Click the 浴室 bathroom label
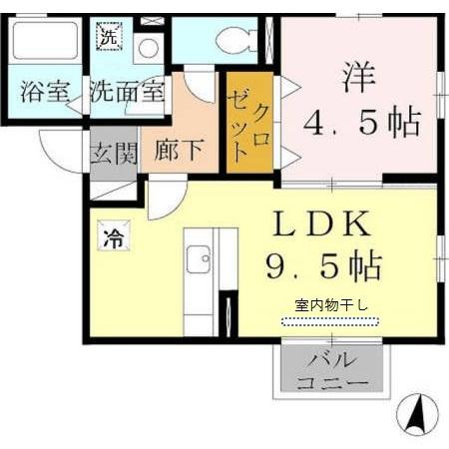[x=44, y=94]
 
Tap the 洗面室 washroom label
[x=126, y=93]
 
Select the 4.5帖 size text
[x=361, y=124]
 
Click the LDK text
[x=319, y=222]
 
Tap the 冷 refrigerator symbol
[x=113, y=238]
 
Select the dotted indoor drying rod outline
[x=330, y=321]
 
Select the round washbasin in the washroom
[x=149, y=48]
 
